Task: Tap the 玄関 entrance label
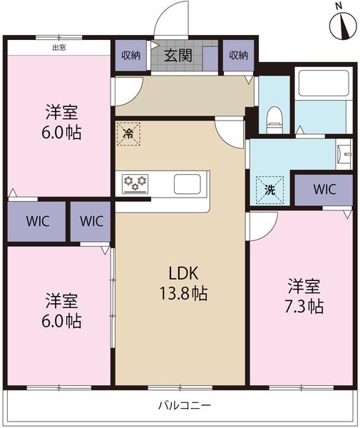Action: click(x=178, y=55)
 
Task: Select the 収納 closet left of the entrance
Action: click(x=130, y=55)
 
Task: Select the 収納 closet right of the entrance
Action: click(x=238, y=55)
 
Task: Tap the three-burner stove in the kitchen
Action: click(x=134, y=183)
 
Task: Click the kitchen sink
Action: click(x=189, y=184)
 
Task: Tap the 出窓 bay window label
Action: click(x=60, y=48)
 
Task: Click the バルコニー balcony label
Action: click(x=184, y=406)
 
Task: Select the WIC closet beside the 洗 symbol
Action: click(x=324, y=190)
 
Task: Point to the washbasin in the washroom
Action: click(x=346, y=153)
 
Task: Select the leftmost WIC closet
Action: click(x=35, y=220)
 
